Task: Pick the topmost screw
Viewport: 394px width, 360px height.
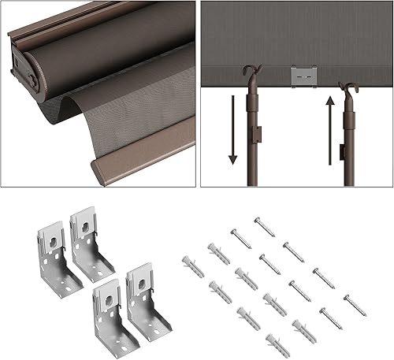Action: (x=265, y=227)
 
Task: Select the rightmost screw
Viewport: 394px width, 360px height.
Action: (x=355, y=305)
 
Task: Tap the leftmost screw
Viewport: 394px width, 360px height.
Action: (x=240, y=238)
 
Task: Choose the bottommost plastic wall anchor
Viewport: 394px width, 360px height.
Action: (x=277, y=343)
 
